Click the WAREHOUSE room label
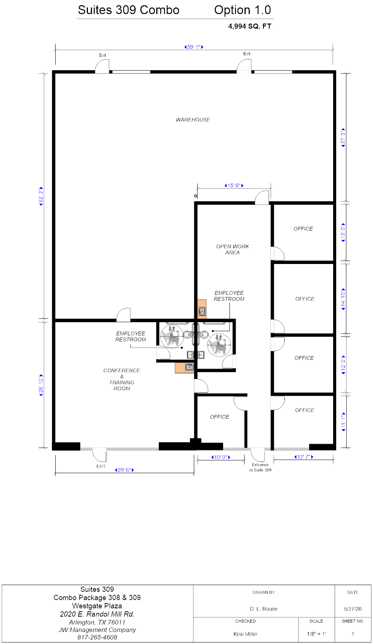pos(193,120)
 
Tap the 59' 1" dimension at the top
pos(193,47)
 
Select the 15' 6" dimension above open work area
pos(234,186)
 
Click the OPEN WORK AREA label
pos(232,249)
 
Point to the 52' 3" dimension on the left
pos(41,196)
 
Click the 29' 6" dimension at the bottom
pos(124,470)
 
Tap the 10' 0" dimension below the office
pos(220,457)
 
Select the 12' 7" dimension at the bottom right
pos(304,457)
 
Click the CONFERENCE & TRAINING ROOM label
pos(122,379)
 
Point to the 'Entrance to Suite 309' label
pos(260,467)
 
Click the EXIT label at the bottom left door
pos(101,466)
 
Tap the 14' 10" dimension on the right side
pos(343,299)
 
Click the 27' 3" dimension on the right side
pos(343,137)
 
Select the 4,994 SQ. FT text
pos(249,26)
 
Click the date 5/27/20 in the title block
pos(353,609)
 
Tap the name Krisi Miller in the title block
pos(245,634)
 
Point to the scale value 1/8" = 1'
pos(316,634)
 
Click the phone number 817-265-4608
pos(97,637)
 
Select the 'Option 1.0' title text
pos(242,10)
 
